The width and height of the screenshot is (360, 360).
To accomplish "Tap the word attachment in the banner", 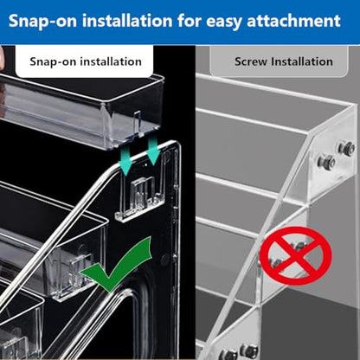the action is [x=293, y=21].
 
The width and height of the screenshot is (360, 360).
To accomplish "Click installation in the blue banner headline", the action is [x=127, y=21].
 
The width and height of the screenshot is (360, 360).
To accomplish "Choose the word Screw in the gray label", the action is [x=251, y=61].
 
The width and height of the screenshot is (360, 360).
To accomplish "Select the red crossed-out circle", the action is [x=295, y=255].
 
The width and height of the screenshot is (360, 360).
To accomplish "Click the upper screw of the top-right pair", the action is [x=347, y=148].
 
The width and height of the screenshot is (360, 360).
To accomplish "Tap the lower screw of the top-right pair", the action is [x=326, y=162].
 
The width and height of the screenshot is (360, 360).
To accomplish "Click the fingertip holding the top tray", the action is [x=3, y=59].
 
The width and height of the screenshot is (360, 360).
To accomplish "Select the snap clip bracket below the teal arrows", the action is [x=141, y=199].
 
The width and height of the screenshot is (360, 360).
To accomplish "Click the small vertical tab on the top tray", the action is [x=138, y=124].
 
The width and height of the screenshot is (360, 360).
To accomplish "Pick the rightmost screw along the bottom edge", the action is [x=249, y=351].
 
